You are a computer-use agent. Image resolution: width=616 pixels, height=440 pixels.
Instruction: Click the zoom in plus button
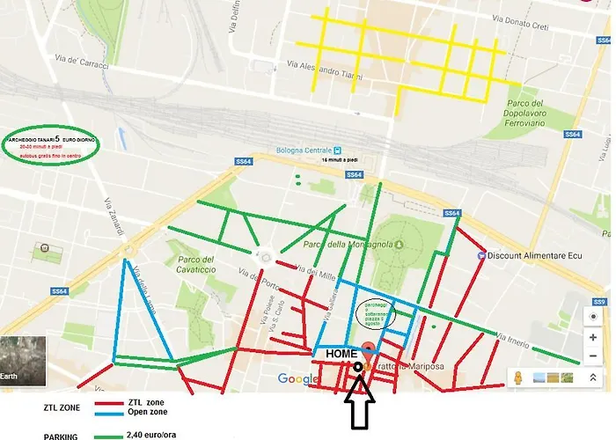594,337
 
